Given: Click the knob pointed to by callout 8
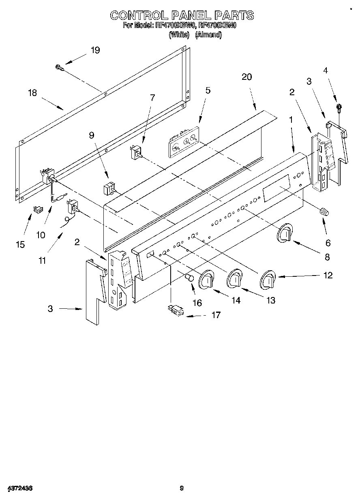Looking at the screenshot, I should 286,234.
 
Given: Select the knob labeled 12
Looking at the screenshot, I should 268,280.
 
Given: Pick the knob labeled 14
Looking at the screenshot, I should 206,279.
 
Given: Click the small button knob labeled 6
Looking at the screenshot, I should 324,211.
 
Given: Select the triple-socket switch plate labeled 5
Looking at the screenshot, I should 183,141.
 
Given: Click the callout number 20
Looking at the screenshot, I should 246,77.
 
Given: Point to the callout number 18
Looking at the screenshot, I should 32,93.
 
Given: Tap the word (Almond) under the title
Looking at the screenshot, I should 208,35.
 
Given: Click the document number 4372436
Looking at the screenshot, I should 19,488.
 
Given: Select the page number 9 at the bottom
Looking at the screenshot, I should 182,488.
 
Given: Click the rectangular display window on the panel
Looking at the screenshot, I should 276,188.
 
